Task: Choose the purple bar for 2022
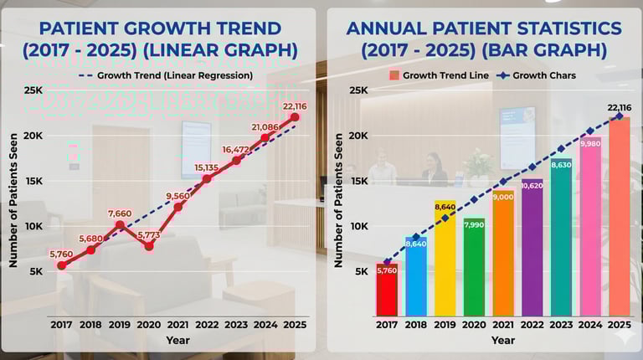click(x=532, y=247)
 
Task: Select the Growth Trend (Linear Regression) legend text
click(x=174, y=75)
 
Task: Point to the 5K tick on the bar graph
click(x=359, y=271)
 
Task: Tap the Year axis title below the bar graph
click(x=503, y=341)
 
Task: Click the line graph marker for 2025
click(x=295, y=117)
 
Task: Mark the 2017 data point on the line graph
click(x=62, y=265)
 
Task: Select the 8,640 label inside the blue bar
click(x=416, y=243)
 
